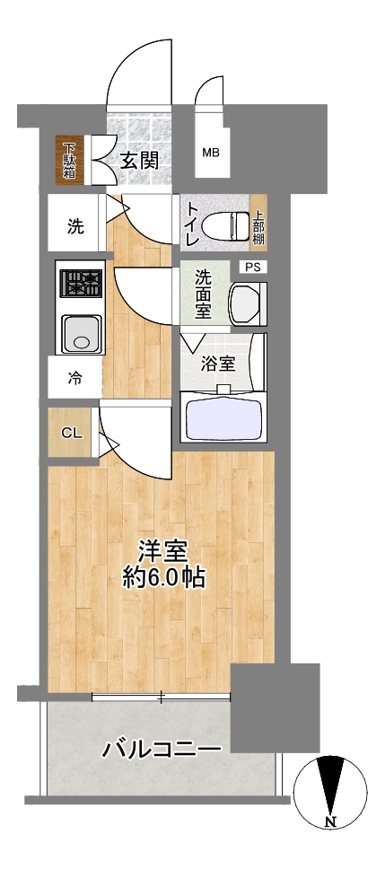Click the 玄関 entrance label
click(x=140, y=161)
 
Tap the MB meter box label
click(x=211, y=153)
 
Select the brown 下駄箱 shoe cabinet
click(x=70, y=161)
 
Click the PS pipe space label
click(x=253, y=268)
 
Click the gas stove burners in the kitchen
click(x=82, y=283)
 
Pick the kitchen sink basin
click(x=82, y=334)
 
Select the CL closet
click(x=73, y=433)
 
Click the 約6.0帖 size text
click(x=164, y=579)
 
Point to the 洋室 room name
click(x=163, y=551)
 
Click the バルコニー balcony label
click(x=162, y=750)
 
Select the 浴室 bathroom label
click(x=218, y=364)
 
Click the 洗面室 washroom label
click(x=204, y=293)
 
